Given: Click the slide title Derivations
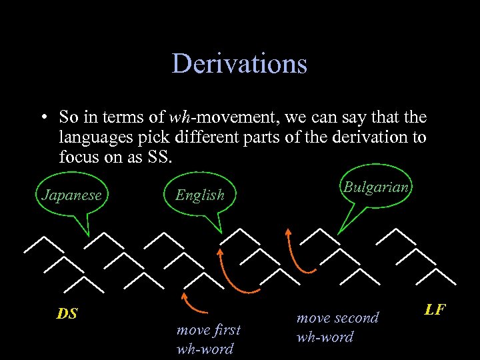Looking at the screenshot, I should coord(239,64).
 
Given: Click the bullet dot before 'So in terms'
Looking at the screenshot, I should coord(43,119).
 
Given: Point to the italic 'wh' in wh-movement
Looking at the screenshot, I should coord(179,118).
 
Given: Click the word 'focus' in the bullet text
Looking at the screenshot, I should coord(77,157).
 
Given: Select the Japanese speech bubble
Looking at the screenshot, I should coord(71,195).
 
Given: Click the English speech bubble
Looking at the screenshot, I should coord(199,195).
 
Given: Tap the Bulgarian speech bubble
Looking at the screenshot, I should coord(376,187).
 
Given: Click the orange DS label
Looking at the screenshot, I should coord(67,313).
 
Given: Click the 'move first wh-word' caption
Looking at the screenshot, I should coord(208,339).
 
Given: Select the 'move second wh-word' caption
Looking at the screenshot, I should coord(337,327).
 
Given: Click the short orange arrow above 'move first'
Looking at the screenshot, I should coord(196,303).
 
